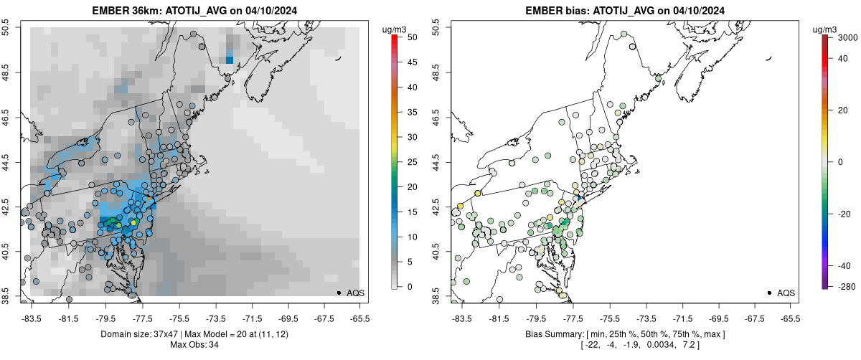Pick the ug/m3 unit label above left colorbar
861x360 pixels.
tap(396, 29)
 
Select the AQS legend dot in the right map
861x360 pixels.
tap(769, 293)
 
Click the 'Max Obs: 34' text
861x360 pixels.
tap(194, 345)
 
